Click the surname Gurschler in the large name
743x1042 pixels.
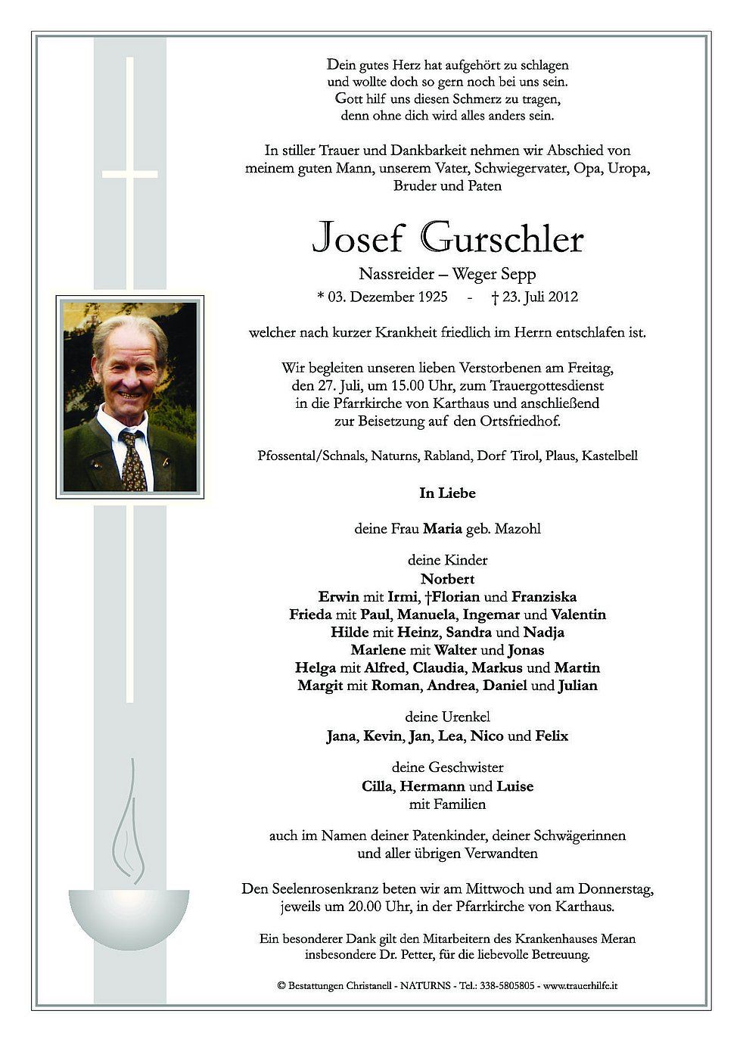tap(502, 239)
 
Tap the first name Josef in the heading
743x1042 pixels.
tap(358, 239)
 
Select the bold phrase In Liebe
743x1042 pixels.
tap(447, 493)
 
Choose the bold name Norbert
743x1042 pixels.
tap(448, 579)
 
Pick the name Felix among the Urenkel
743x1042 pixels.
tap(552, 736)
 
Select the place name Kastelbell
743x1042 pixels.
tap(609, 456)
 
